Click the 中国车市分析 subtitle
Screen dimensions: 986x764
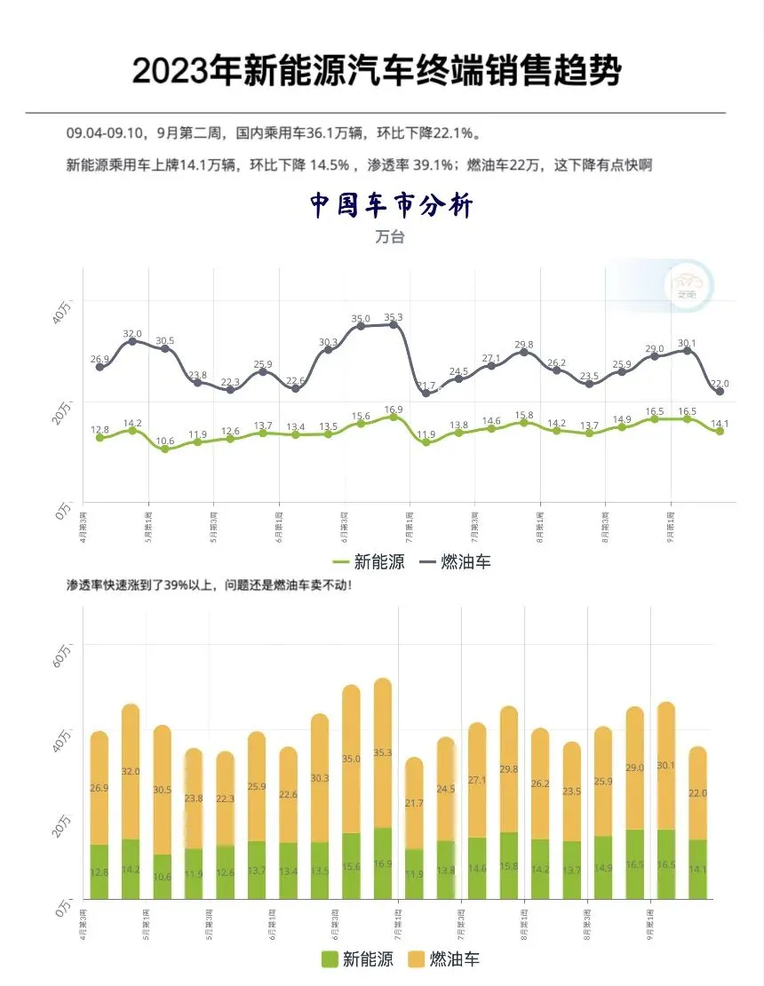(391, 206)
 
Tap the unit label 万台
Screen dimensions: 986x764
(389, 237)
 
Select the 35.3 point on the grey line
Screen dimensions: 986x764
(394, 325)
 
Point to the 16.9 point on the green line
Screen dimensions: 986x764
(394, 417)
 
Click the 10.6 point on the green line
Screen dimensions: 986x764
(164, 449)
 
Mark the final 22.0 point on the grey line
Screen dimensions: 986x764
(720, 392)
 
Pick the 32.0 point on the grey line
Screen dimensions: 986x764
(132, 341)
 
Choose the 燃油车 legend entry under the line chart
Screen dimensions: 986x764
(455, 561)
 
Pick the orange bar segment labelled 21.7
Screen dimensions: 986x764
(414, 803)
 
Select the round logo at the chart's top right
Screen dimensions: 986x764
(688, 285)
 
